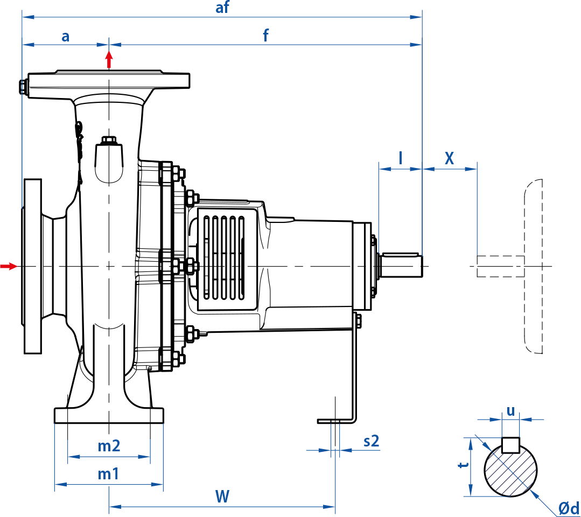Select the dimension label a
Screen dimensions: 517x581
click(66, 36)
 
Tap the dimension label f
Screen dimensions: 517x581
click(265, 36)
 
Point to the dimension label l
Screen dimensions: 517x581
click(400, 158)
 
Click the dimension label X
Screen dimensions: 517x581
click(449, 158)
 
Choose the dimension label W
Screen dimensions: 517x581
click(222, 497)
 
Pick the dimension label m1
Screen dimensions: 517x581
click(108, 474)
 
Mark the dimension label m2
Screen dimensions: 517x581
click(108, 446)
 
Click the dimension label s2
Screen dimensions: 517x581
click(372, 441)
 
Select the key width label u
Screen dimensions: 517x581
click(510, 411)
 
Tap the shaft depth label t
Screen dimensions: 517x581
click(461, 465)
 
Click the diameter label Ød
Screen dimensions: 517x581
click(568, 508)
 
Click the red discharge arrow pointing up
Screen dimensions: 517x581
click(109, 59)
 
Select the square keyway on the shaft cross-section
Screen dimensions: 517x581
click(510, 445)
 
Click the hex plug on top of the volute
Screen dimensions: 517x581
click(109, 141)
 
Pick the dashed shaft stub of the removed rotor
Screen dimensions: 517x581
click(500, 266)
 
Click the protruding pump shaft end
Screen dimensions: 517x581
click(401, 266)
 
